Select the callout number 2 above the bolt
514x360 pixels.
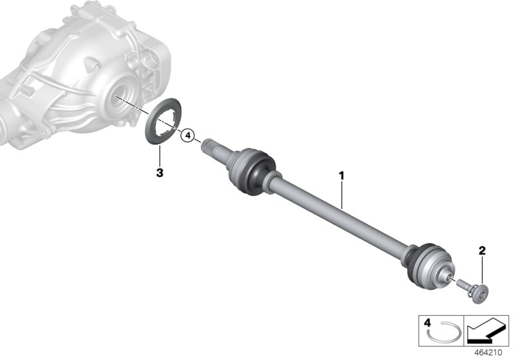(x=481, y=250)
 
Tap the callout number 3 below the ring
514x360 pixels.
(x=160, y=172)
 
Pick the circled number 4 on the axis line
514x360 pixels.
(x=187, y=136)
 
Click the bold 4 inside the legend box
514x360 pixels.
(x=426, y=321)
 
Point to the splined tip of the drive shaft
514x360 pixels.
(x=211, y=146)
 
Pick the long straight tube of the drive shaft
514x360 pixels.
(x=341, y=212)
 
